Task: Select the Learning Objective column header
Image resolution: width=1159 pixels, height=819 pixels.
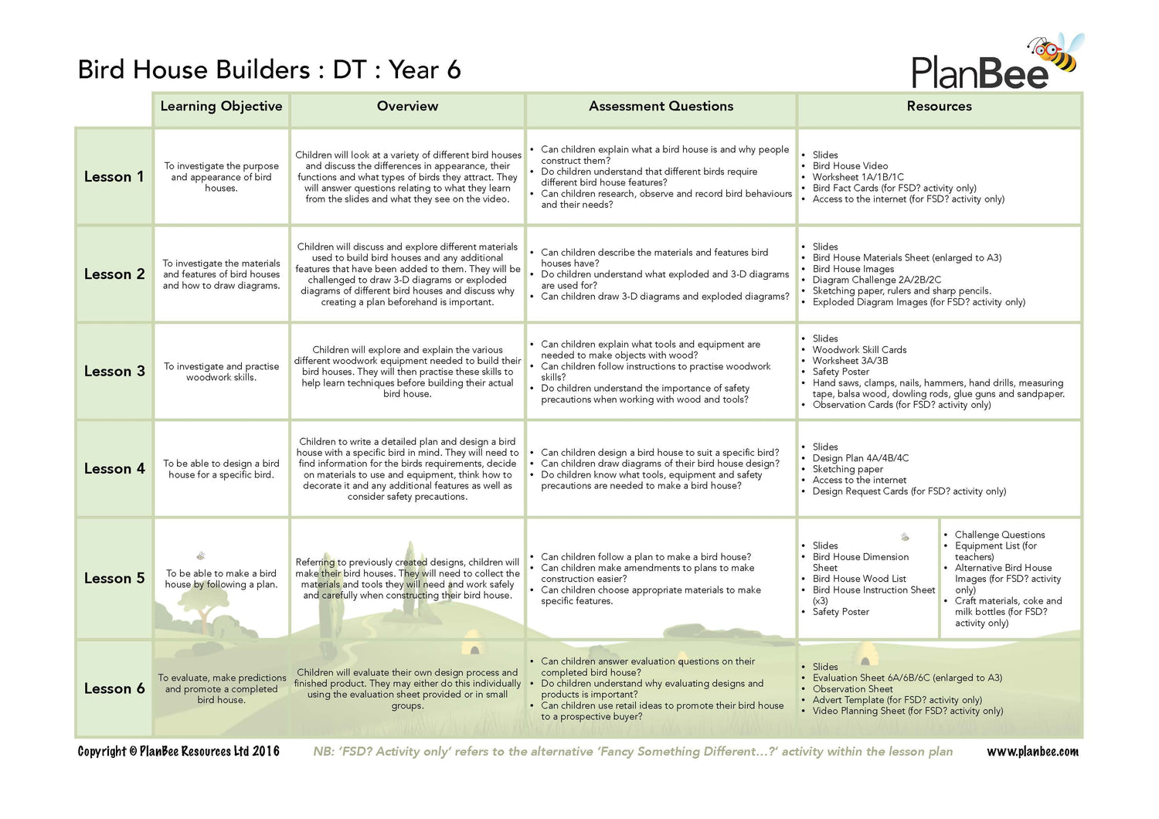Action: pos(221,107)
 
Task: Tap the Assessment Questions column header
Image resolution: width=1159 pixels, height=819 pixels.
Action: pos(661,107)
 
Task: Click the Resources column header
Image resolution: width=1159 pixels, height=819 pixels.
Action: pos(939,107)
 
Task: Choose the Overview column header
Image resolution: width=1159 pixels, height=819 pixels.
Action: pos(407,107)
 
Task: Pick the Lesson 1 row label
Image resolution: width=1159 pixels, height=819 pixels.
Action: pos(114,177)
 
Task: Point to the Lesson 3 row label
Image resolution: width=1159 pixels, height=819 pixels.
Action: pos(114,372)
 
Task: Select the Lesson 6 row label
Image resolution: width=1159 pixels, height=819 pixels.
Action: pos(114,688)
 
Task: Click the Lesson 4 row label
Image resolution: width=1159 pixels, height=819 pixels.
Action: pos(114,469)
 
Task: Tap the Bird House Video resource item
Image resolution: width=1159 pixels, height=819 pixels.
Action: pos(850,166)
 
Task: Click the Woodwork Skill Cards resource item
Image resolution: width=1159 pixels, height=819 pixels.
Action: pos(859,350)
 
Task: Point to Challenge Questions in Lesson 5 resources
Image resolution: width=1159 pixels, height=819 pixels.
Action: pos(999,535)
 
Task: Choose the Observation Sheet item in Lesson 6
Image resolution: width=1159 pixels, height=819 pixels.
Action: pos(852,689)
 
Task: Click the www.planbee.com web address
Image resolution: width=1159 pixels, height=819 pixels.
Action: pos(1032,752)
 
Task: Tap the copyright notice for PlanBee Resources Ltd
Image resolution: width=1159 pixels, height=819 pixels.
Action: pos(178,752)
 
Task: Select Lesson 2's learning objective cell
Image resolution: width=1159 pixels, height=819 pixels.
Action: pos(221,274)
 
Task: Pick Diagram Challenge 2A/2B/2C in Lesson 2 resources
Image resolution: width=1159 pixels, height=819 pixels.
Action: pos(876,280)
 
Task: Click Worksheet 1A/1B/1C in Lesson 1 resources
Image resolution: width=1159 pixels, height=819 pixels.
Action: pos(858,177)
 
